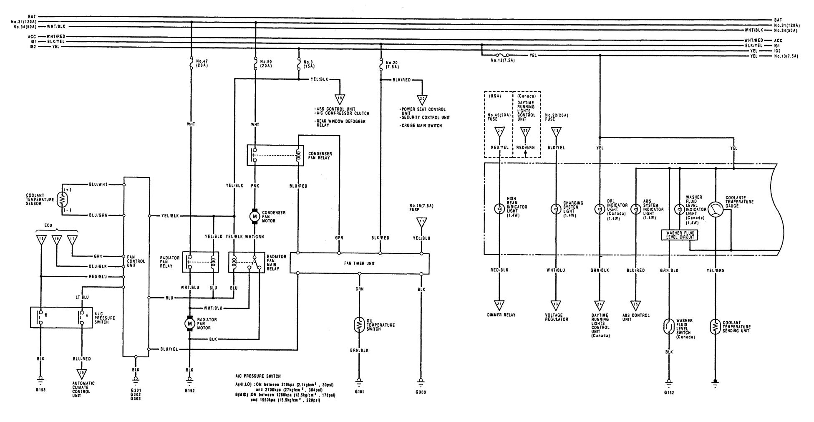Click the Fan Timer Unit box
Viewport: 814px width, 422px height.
359,263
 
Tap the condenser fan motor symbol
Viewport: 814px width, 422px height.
254,216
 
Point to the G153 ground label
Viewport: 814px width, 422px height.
40,390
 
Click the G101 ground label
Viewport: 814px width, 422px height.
359,392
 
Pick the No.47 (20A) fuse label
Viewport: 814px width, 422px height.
202,63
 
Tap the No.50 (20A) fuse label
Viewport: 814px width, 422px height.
266,63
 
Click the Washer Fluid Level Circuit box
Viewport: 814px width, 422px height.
680,235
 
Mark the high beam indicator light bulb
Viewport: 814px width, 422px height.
499,209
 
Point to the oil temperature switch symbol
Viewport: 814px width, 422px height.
359,324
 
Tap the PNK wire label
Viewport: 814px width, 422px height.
255,186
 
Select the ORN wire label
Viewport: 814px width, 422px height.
359,289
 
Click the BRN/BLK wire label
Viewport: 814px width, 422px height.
359,351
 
